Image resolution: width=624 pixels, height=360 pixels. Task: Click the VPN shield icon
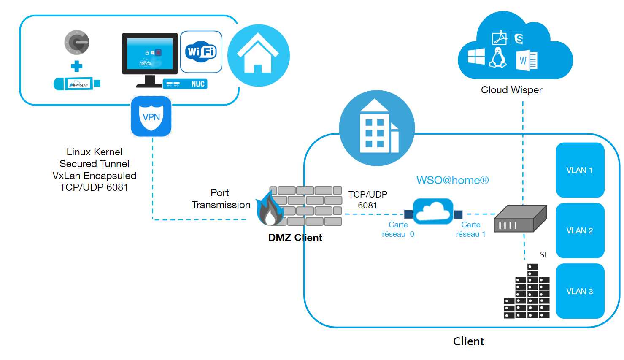pos(151,116)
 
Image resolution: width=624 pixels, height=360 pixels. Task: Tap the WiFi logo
pos(201,52)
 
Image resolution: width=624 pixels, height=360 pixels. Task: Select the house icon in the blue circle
pos(258,55)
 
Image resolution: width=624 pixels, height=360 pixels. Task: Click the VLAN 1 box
pos(580,170)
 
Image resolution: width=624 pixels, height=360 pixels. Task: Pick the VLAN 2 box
pos(580,230)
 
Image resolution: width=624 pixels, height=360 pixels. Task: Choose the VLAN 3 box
pos(580,291)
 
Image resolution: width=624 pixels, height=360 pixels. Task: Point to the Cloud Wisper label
pos(511,90)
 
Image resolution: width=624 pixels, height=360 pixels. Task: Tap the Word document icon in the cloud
pos(527,60)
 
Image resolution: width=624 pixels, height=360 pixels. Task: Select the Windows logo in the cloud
pos(476,57)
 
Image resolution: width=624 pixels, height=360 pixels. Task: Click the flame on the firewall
pos(269,209)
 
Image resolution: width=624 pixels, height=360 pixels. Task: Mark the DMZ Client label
pos(295,238)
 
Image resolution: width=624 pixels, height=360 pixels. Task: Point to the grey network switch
pos(520,219)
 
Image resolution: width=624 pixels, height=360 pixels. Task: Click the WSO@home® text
pos(452,180)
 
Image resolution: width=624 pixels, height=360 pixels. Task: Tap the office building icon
pos(377,128)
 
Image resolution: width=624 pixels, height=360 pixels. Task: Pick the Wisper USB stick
pos(77,84)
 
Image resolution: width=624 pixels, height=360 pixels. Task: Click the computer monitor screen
pos(150,54)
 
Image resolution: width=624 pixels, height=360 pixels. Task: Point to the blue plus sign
pos(76,66)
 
